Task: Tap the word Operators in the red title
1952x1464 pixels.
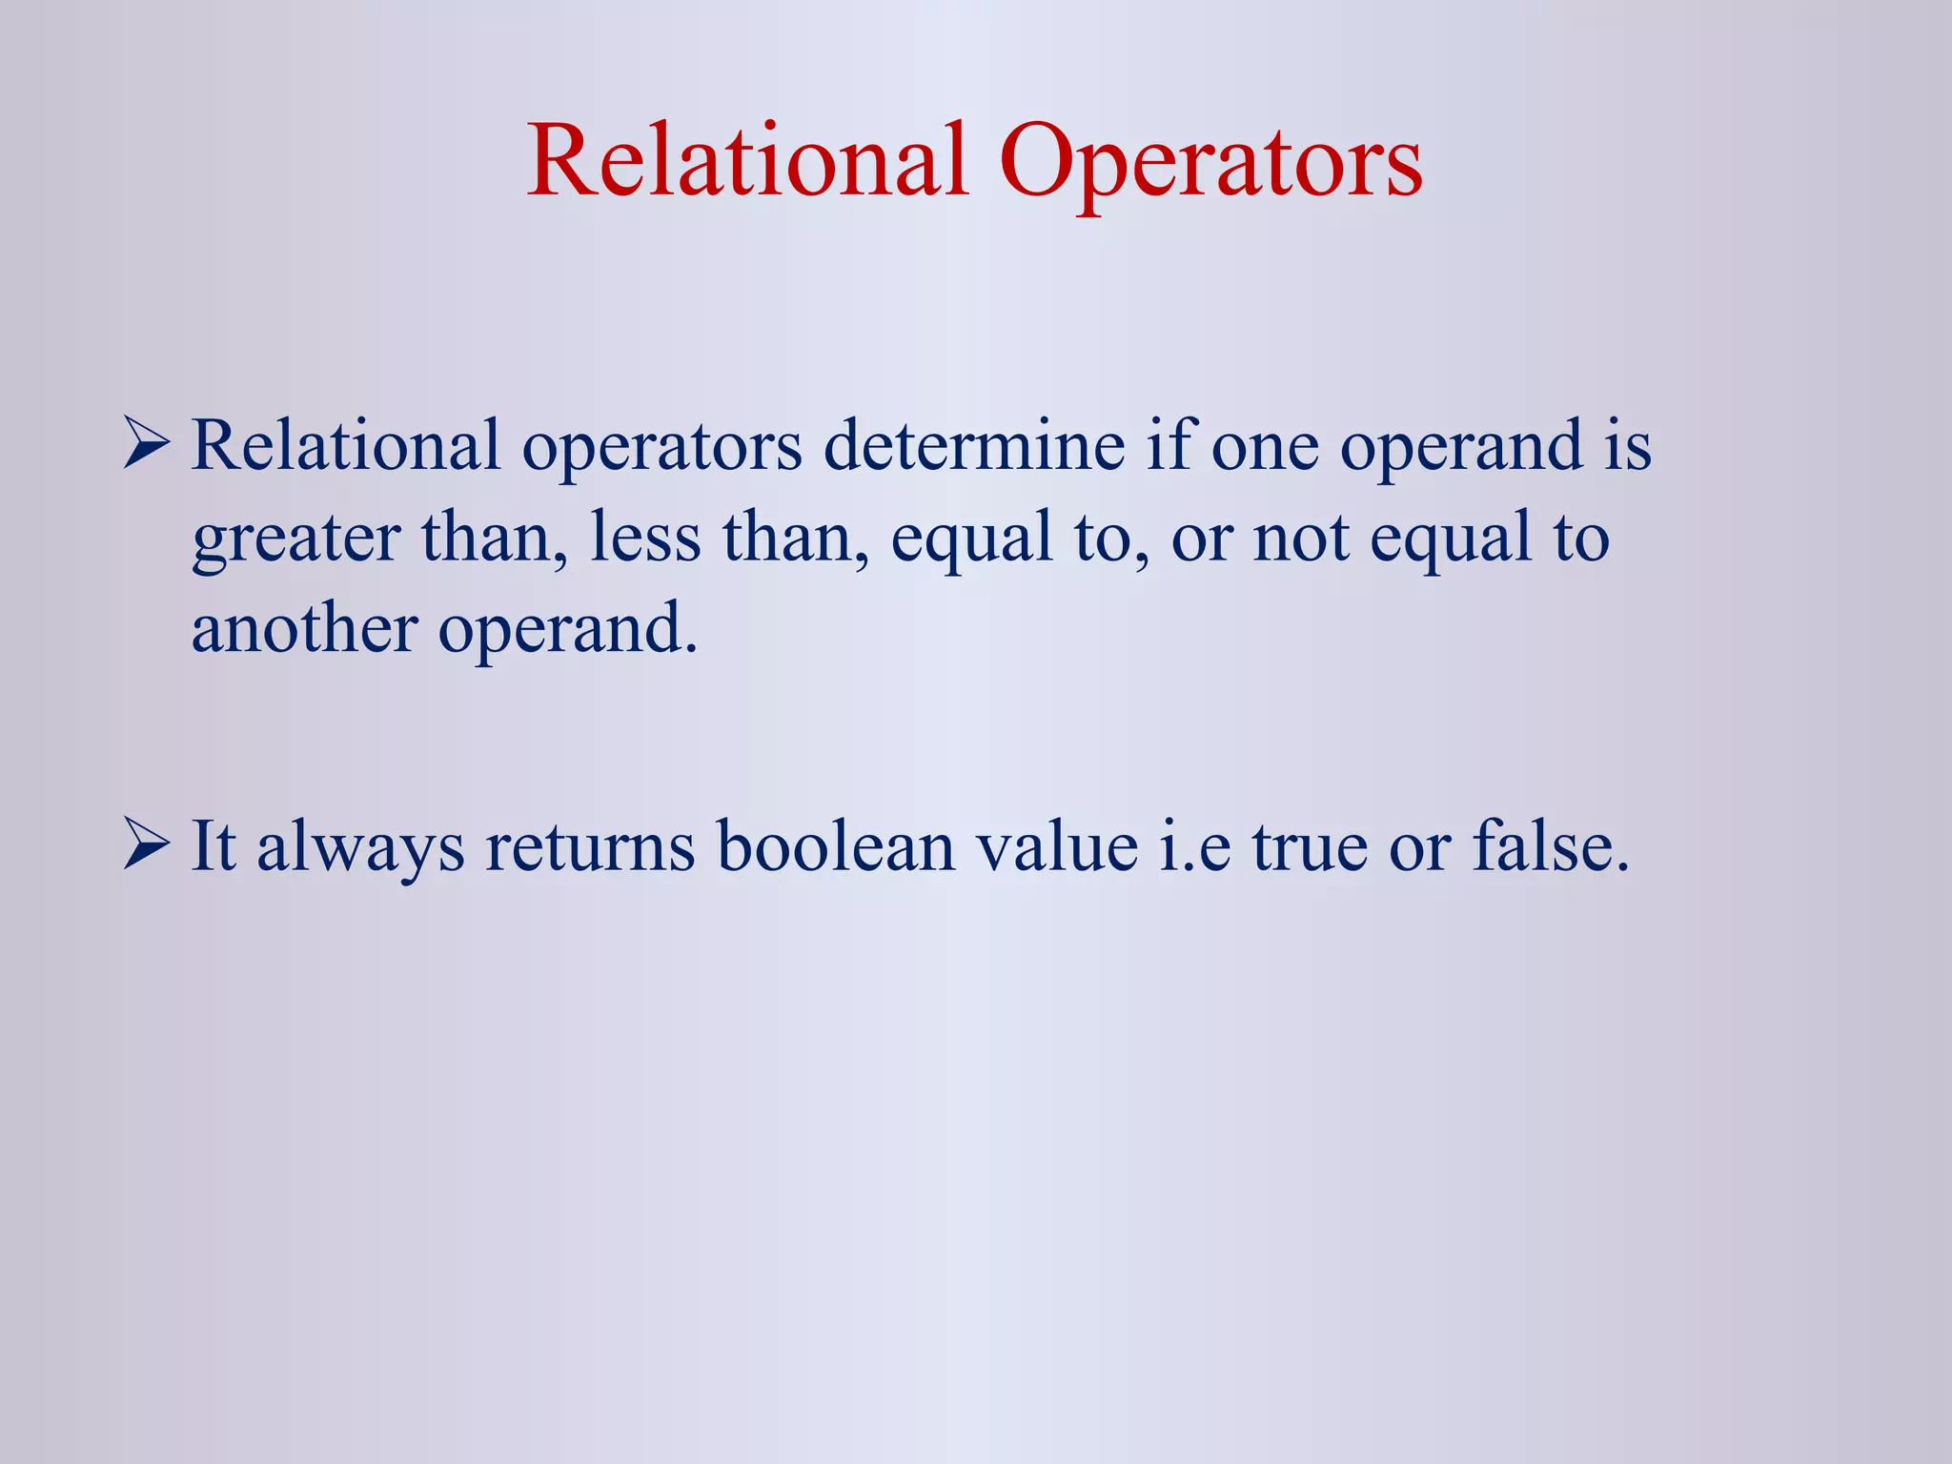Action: pos(1210,162)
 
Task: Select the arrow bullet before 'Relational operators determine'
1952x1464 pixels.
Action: pos(146,446)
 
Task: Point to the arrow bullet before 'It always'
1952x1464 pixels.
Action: pos(146,846)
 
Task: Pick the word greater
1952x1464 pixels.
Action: pos(295,539)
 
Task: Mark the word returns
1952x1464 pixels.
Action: pos(590,846)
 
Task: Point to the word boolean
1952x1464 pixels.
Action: pos(836,846)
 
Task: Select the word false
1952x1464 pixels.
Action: pos(1551,846)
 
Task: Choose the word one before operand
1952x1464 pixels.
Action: pos(1265,446)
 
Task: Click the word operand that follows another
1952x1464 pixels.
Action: pos(568,631)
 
